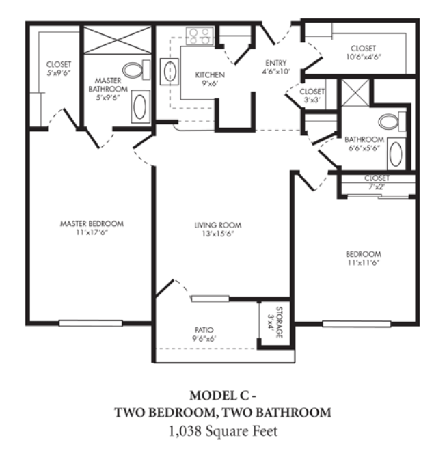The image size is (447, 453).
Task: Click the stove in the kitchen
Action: click(200, 36)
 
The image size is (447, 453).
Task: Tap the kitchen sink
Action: click(169, 72)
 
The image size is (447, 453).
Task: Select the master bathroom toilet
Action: click(137, 70)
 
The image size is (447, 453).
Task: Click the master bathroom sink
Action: click(140, 107)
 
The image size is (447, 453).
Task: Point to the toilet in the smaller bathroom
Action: click(392, 122)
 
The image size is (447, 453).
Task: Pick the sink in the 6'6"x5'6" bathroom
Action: click(396, 154)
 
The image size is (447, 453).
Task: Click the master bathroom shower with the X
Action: click(118, 40)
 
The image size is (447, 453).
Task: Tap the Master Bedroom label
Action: click(92, 223)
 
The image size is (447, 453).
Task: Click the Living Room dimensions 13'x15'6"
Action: click(218, 234)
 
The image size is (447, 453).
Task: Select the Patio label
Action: click(204, 330)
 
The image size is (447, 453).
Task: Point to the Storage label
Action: click(280, 322)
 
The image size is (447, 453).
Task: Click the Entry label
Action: click(276, 63)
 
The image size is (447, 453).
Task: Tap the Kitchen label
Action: click(210, 75)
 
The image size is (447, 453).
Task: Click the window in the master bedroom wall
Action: click(90, 323)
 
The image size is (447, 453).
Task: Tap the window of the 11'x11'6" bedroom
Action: click(357, 324)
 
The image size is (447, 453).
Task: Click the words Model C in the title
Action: click(219, 396)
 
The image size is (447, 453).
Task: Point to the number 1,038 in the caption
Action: click(185, 431)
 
